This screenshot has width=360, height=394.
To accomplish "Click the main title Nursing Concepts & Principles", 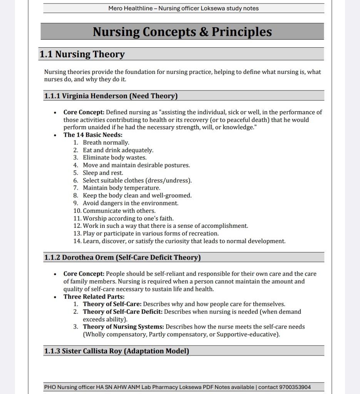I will coord(182,32).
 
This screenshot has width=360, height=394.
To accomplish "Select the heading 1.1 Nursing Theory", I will coord(82,54).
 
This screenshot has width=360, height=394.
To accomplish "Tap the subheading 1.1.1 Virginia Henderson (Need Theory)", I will coord(111,96).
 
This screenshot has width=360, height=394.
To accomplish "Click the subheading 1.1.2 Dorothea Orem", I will coord(122,257).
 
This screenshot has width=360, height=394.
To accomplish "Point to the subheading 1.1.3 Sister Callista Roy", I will coord(116,351).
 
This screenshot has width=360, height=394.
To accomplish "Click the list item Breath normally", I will coord(106,142).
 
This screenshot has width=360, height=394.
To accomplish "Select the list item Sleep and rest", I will coord(103,173).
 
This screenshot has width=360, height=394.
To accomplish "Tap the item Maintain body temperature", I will coord(121,188).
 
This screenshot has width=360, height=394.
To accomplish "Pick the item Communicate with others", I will coord(119,210).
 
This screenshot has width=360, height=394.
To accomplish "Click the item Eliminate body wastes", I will coord(114,157).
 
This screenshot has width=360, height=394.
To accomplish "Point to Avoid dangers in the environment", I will coord(131,203).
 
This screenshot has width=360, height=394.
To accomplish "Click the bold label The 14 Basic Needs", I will coord(93,135).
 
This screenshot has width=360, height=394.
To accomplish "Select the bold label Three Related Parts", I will coord(94,297).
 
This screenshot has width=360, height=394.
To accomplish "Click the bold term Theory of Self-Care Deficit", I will coord(122,312).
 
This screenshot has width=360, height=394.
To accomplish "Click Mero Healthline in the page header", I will coord(130,8).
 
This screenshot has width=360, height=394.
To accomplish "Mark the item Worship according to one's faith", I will coord(128,218).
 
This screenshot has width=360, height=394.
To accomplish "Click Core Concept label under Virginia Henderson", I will coord(84,112).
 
